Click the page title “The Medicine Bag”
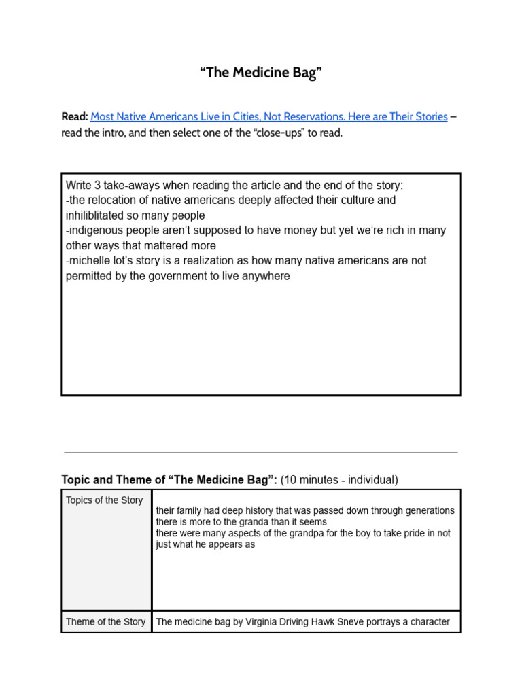260,73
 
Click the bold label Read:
74,117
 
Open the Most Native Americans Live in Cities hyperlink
268,117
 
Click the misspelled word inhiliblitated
99,215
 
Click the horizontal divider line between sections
260,452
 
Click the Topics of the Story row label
104,500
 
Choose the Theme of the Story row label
105,621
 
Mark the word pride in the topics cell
405,534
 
